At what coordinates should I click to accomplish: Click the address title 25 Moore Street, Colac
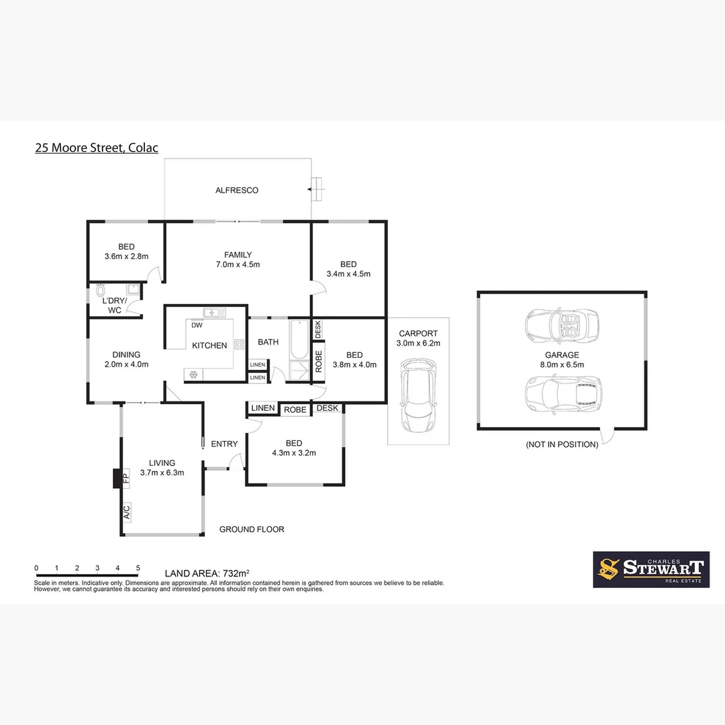tap(97, 148)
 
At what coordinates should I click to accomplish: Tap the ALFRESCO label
tap(236, 191)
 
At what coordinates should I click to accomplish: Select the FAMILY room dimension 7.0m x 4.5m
tap(238, 264)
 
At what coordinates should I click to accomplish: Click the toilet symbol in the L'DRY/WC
tap(101, 290)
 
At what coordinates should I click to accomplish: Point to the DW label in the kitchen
tap(197, 326)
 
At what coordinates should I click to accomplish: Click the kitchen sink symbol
tap(215, 312)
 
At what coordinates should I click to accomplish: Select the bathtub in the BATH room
tap(299, 339)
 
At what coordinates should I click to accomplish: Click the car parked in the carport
tap(419, 396)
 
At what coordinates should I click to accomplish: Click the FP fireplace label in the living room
tap(125, 479)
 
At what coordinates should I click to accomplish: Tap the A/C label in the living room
tap(126, 514)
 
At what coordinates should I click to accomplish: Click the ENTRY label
tap(224, 444)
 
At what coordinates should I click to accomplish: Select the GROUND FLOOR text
tap(252, 530)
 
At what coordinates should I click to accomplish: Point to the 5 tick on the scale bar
tap(138, 568)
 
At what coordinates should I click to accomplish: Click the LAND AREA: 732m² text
tap(207, 573)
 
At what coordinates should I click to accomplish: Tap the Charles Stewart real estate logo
tap(650, 570)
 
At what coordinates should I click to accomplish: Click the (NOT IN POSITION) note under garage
tap(562, 444)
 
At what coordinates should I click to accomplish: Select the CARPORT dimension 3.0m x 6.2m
tap(418, 343)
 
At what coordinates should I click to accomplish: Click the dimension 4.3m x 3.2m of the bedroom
tap(294, 453)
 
